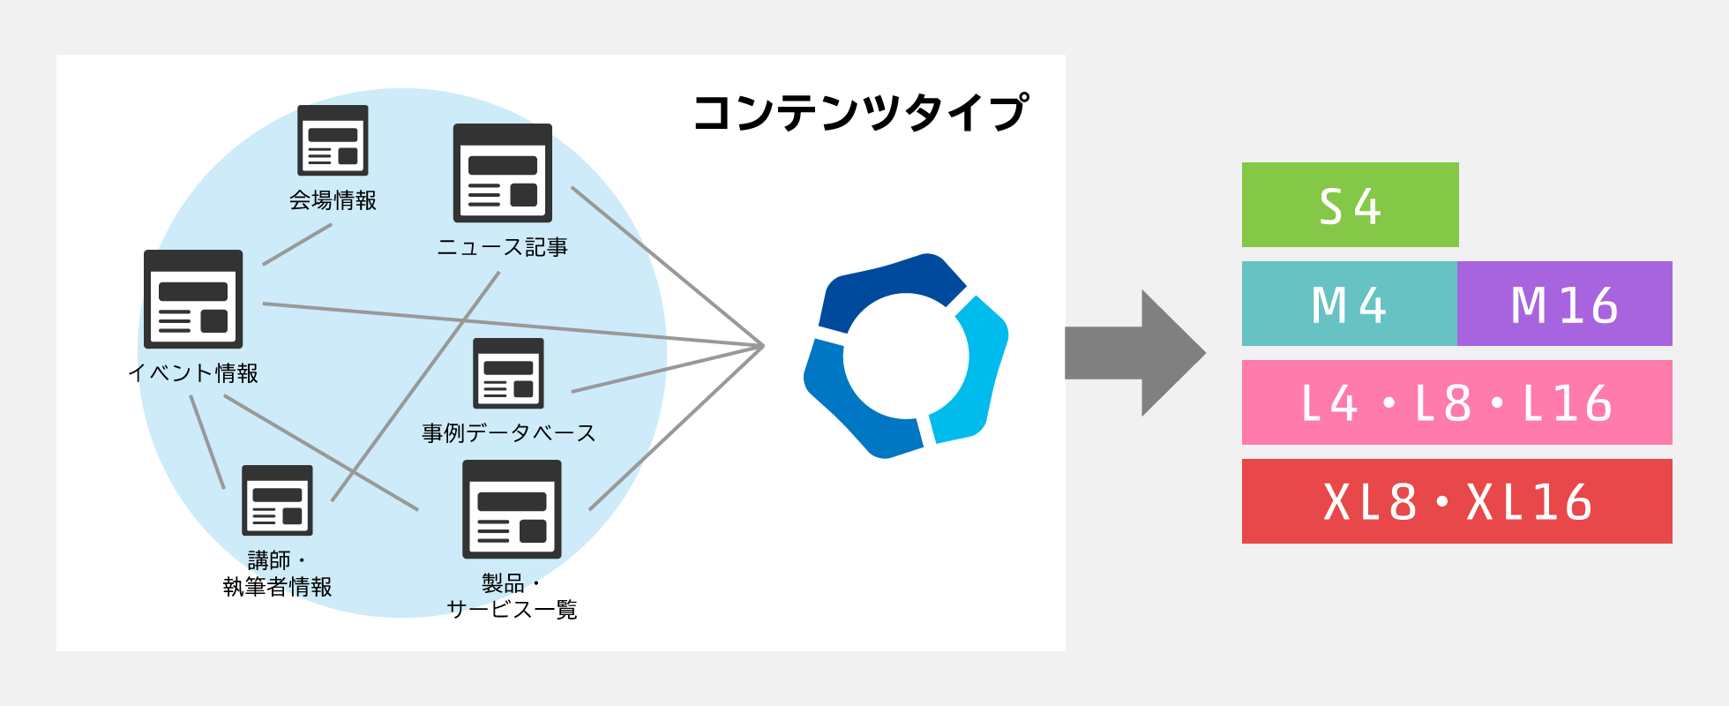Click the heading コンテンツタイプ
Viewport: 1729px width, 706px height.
(860, 114)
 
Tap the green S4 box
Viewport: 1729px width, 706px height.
(1350, 205)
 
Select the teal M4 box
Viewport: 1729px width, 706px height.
(1349, 304)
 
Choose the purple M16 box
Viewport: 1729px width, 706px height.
(1564, 304)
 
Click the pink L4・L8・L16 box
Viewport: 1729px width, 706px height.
(1456, 402)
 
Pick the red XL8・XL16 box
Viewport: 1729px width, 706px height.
(1456, 501)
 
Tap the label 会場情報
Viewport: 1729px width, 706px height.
(333, 200)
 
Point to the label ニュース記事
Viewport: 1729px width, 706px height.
(502, 247)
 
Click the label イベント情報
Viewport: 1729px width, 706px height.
(193, 372)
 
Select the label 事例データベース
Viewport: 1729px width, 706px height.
(508, 432)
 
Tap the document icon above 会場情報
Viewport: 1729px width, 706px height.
(333, 140)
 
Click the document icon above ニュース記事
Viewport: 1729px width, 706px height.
(502, 173)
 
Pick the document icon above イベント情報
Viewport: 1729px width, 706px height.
(193, 299)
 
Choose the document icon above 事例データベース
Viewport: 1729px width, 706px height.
(508, 373)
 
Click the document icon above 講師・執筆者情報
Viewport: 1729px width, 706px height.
(277, 500)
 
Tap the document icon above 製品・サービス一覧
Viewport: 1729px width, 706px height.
(512, 509)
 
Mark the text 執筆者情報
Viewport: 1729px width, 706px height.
(277, 587)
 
